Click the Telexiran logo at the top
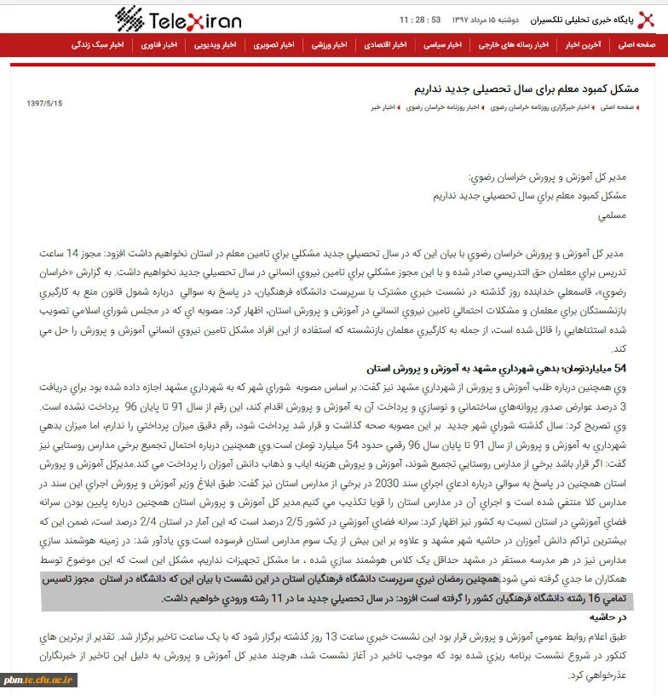pyautogui.click(x=178, y=18)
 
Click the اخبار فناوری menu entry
pyautogui.click(x=160, y=43)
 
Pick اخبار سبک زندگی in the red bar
pyautogui.click(x=107, y=43)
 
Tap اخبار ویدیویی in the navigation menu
pyautogui.click(x=214, y=43)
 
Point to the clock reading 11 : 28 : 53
pyautogui.click(x=422, y=19)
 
